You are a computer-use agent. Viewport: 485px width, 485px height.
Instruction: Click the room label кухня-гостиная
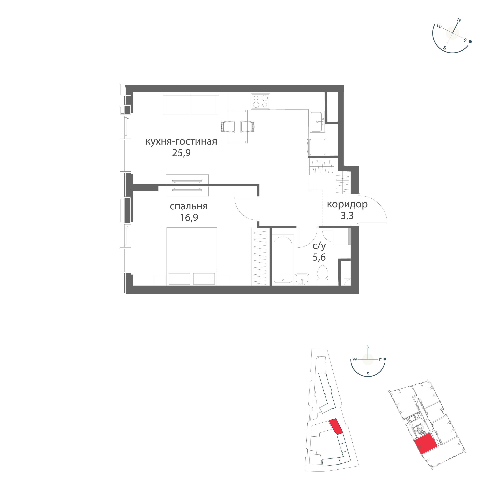click(181, 142)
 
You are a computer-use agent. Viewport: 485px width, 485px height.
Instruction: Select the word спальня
click(189, 206)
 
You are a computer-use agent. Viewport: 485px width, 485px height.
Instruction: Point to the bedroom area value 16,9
click(189, 217)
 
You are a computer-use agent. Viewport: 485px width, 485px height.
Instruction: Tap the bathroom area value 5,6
click(319, 257)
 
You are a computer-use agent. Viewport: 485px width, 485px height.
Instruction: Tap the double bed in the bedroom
click(192, 256)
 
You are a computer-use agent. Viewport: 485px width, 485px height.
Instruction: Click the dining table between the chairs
click(237, 127)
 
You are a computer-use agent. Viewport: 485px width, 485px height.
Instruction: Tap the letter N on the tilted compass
click(459, 20)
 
